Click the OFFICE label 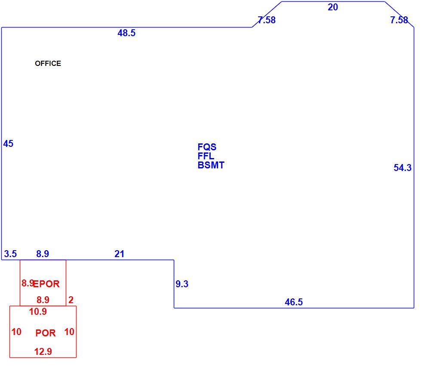click(x=48, y=63)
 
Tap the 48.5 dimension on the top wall click(x=126, y=33)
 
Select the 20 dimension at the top click(x=333, y=7)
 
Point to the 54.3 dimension click(x=403, y=168)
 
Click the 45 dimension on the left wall click(x=8, y=144)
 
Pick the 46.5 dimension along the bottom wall click(x=294, y=302)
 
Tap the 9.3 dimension click(x=182, y=284)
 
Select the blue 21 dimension click(x=119, y=254)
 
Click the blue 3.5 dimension click(x=10, y=254)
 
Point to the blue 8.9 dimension click(x=43, y=254)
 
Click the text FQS click(x=207, y=147)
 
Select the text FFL click(x=206, y=156)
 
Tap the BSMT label click(x=211, y=165)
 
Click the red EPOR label click(x=46, y=284)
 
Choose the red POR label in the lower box click(x=46, y=333)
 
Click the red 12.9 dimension click(x=43, y=351)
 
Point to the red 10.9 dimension click(x=38, y=312)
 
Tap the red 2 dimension click(x=71, y=300)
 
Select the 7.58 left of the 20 click(x=267, y=20)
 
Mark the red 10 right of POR click(x=69, y=332)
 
